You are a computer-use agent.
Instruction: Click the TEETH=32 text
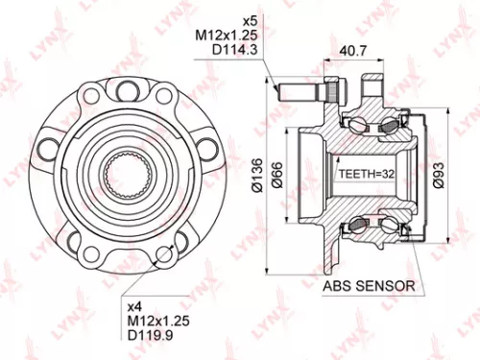click(367, 175)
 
